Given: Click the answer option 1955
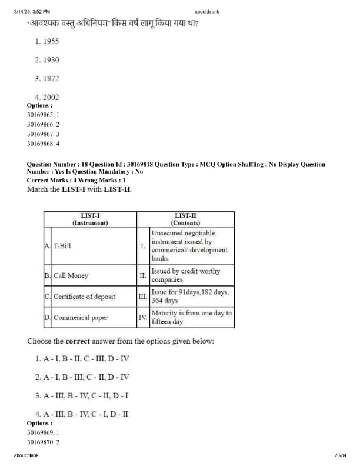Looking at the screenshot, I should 47,41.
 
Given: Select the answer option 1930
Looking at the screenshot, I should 47,60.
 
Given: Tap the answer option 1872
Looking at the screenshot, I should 47,78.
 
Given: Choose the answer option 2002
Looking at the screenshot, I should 47,97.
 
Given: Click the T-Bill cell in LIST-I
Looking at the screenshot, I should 62,245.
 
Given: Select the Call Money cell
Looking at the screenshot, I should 71,275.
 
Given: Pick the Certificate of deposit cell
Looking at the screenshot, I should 84,297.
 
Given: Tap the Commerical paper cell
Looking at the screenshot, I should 81,318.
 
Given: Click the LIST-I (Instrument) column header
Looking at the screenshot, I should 90,219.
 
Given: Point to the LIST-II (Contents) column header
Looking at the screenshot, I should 185,219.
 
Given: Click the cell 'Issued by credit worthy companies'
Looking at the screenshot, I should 185,275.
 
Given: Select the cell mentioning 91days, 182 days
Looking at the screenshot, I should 189,297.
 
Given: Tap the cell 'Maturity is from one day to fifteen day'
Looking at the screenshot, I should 191,318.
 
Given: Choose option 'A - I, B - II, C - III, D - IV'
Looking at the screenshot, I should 82,358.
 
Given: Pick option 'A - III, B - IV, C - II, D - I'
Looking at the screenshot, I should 82,395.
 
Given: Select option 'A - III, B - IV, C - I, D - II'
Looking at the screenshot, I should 82,414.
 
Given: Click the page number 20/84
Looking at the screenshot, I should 340,455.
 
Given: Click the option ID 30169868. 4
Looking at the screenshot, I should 43,143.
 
